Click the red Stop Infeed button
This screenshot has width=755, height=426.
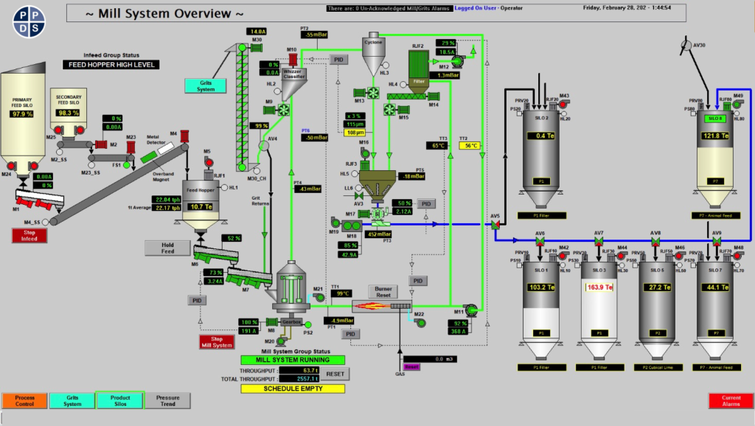29,236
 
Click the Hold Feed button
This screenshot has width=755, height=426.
167,248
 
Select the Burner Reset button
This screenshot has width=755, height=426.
383,291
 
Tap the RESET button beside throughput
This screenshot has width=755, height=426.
335,374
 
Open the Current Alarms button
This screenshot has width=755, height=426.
731,400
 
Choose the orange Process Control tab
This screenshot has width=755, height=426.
24,400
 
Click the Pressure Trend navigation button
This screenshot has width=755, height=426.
167,400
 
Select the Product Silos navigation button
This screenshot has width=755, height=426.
120,400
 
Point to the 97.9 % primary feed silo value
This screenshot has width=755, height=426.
24,114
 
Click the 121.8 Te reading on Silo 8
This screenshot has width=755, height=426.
714,136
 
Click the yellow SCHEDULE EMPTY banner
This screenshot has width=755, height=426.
292,388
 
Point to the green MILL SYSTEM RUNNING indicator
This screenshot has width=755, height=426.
292,360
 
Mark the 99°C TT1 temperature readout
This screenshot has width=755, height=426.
342,293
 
